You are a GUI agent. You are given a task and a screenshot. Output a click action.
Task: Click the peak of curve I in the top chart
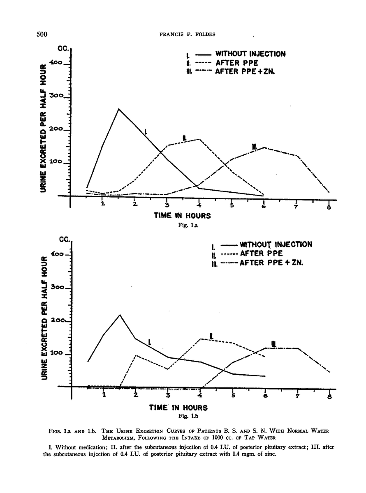(119, 109)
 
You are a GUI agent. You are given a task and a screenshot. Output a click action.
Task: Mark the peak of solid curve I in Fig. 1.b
(120, 315)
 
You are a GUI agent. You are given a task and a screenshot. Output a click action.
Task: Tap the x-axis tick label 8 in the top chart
(329, 207)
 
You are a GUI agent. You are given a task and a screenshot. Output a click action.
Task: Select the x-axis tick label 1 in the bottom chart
(104, 395)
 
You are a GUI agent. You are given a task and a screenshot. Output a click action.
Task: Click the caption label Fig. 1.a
(181, 225)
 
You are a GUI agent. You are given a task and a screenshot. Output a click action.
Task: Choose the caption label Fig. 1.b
(181, 416)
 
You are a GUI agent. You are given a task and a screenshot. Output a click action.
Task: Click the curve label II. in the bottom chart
(211, 336)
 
